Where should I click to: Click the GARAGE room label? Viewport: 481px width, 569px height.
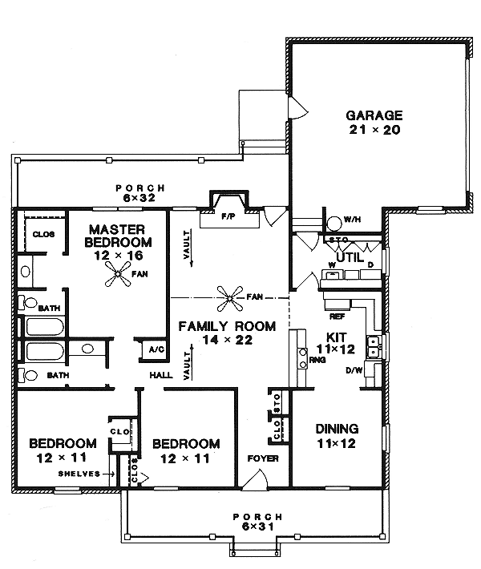click(x=374, y=121)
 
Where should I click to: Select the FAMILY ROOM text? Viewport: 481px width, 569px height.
click(x=227, y=333)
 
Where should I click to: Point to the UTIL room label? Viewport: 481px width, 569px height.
click(x=348, y=257)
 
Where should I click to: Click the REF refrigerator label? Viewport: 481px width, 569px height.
click(x=336, y=317)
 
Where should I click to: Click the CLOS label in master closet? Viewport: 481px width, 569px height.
click(x=42, y=234)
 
